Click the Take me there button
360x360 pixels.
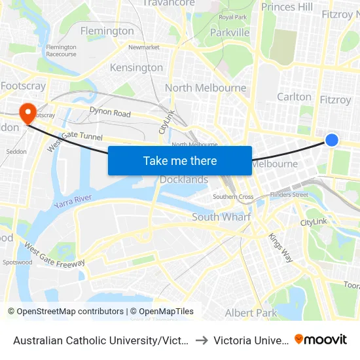[180, 160]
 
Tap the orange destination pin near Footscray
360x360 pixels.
[27, 113]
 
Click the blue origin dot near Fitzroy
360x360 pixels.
[332, 139]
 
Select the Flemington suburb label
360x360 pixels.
[107, 31]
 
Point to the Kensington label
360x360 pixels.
[136, 67]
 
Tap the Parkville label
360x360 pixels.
[230, 32]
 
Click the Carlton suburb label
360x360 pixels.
[295, 96]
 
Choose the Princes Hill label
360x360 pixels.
[287, 7]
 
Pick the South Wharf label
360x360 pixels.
[221, 217]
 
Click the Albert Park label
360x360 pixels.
[251, 313]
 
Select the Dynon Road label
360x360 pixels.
[110, 113]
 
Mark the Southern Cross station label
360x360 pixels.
[233, 196]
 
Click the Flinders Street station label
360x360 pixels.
[291, 194]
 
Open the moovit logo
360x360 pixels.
[321, 339]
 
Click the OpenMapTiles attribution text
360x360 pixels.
[162, 312]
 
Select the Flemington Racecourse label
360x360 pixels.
[62, 50]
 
